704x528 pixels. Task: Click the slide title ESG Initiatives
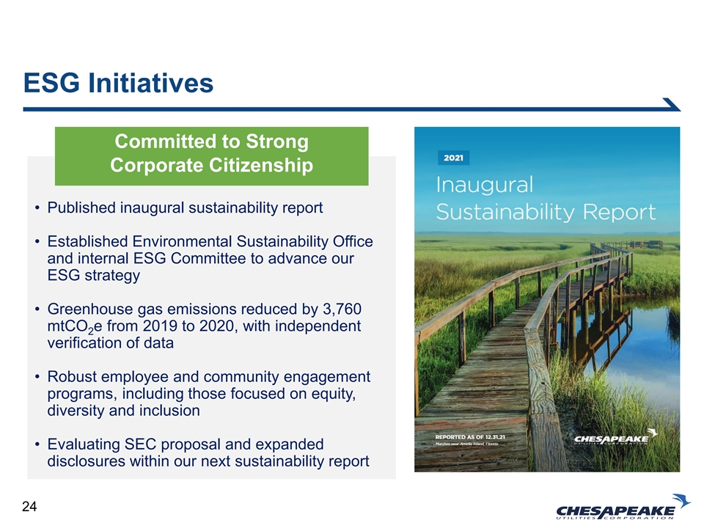pyautogui.click(x=118, y=83)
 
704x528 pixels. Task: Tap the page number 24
pyautogui.click(x=29, y=507)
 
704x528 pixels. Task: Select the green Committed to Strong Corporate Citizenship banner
pyautogui.click(x=211, y=155)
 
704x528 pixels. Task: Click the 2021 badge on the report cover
pyautogui.click(x=453, y=158)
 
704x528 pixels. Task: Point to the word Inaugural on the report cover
pyautogui.click(x=485, y=185)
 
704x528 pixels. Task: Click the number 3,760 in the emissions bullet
pyautogui.click(x=342, y=309)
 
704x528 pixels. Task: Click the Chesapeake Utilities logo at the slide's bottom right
pyautogui.click(x=623, y=507)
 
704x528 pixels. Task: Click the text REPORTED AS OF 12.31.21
pyautogui.click(x=470, y=437)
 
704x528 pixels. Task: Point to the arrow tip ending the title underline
pyautogui.click(x=680, y=110)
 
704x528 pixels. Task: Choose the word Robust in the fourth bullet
pyautogui.click(x=70, y=377)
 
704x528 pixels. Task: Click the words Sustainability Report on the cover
pyautogui.click(x=546, y=212)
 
